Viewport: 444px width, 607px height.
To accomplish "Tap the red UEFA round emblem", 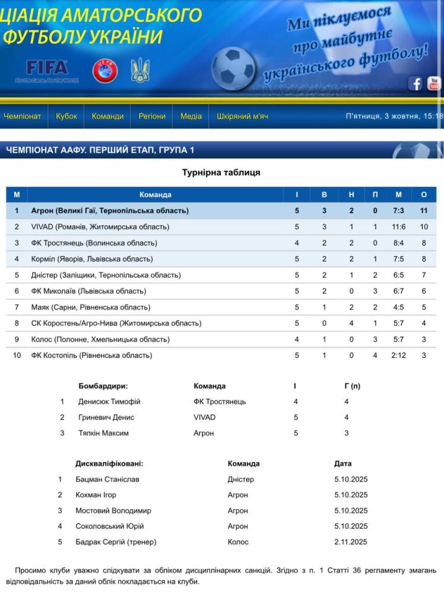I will [104, 71].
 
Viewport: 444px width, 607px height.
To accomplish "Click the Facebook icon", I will [416, 84].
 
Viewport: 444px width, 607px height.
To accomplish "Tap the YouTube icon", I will [435, 84].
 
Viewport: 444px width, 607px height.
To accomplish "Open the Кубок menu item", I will [66, 116].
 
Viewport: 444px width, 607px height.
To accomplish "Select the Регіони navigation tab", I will [152, 116].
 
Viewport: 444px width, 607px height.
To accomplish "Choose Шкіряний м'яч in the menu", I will [242, 116].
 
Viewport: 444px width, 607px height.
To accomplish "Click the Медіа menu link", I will [191, 116].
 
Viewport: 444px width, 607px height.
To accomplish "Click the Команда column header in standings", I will [156, 194].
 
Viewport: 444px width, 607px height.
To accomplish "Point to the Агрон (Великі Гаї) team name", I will [110, 210].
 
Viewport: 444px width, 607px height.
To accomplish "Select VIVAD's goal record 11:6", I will [399, 226].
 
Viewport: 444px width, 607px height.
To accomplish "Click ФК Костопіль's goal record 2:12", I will [399, 355].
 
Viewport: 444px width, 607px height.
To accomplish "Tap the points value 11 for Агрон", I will [424, 210].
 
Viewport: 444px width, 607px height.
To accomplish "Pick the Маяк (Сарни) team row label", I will [91, 307].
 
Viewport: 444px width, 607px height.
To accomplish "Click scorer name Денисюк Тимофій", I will [109, 401].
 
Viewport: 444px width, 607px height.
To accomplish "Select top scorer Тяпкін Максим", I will [103, 433].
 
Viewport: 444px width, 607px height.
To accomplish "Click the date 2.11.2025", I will [351, 542].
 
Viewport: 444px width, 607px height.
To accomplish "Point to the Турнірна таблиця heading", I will [221, 172].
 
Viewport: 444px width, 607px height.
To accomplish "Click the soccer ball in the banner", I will [233, 68].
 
